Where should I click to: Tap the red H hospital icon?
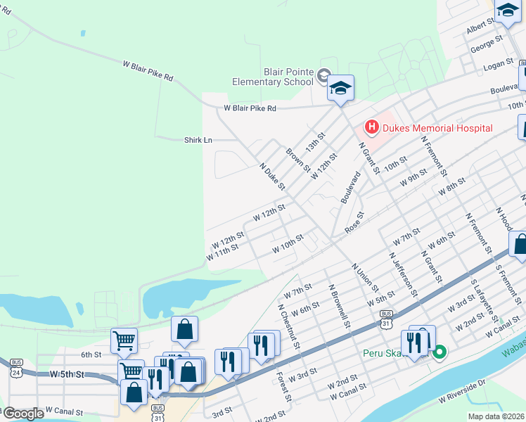[x=371, y=127]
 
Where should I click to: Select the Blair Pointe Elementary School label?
[x=274, y=77]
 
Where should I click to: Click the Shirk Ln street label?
[x=198, y=140]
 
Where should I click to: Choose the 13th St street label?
[x=316, y=143]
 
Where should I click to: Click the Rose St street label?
[x=354, y=224]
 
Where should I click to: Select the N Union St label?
[x=365, y=279]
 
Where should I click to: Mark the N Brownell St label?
[x=339, y=307]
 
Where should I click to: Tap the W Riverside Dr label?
[x=462, y=391]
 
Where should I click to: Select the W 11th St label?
[x=224, y=252]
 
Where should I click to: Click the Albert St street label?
[x=481, y=27]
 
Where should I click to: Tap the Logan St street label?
[x=500, y=67]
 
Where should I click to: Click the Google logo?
[x=23, y=414]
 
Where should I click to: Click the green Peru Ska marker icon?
[x=440, y=352]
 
